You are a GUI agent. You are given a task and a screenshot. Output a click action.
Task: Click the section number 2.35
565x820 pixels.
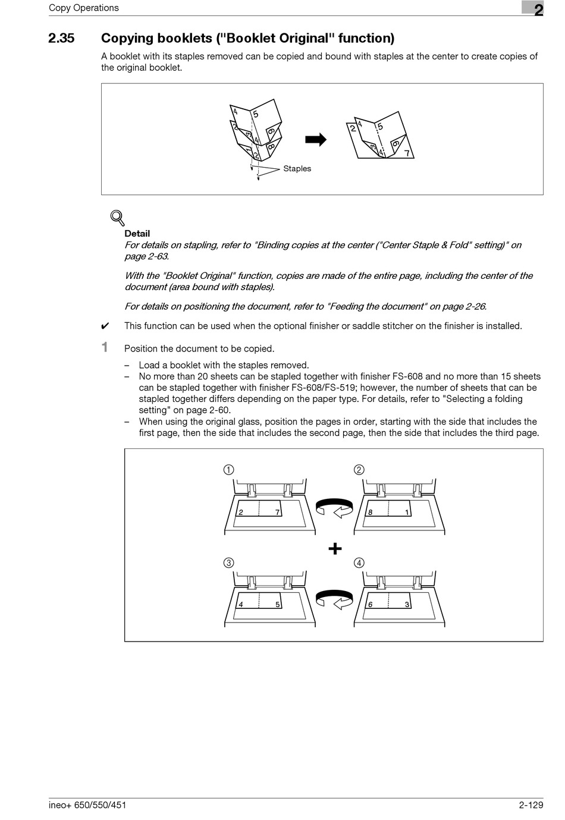pyautogui.click(x=61, y=39)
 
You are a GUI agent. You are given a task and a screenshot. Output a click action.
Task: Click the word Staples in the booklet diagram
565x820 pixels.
pyautogui.click(x=297, y=169)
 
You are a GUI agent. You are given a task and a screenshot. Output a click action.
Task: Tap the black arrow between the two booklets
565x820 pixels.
pyautogui.click(x=316, y=140)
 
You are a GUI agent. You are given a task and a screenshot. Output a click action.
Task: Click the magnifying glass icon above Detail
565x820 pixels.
pyautogui.click(x=117, y=218)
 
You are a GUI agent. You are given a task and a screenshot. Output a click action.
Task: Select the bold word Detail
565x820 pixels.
pyautogui.click(x=137, y=234)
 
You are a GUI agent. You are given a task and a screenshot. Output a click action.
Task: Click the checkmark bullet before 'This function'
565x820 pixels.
pyautogui.click(x=105, y=326)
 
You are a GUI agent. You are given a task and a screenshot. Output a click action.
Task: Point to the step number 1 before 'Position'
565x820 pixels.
pyautogui.click(x=105, y=347)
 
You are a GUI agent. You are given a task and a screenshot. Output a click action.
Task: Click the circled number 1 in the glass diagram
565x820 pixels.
pyautogui.click(x=228, y=470)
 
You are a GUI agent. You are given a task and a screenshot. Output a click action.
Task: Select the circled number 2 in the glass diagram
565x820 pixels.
pyautogui.click(x=359, y=470)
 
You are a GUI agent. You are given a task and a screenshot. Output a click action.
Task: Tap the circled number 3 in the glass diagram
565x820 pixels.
pyautogui.click(x=228, y=563)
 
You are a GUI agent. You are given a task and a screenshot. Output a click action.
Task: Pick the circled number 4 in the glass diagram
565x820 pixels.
pyautogui.click(x=359, y=563)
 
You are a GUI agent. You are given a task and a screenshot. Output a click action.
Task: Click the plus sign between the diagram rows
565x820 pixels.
pyautogui.click(x=335, y=548)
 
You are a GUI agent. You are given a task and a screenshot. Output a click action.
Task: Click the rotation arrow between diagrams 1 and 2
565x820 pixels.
pyautogui.click(x=334, y=508)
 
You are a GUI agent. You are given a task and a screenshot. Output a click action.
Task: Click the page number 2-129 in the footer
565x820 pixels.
pyautogui.click(x=531, y=806)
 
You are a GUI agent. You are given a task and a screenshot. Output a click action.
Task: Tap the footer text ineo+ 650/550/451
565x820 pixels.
pyautogui.click(x=87, y=806)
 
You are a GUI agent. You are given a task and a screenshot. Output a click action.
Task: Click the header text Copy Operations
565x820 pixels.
pyautogui.click(x=84, y=8)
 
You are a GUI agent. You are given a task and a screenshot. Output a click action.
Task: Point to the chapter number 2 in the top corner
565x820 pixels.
pyautogui.click(x=538, y=10)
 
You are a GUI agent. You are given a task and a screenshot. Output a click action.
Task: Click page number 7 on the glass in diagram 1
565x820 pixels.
pyautogui.click(x=278, y=512)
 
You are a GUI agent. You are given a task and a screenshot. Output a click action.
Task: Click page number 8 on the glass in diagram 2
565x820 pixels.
pyautogui.click(x=370, y=512)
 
